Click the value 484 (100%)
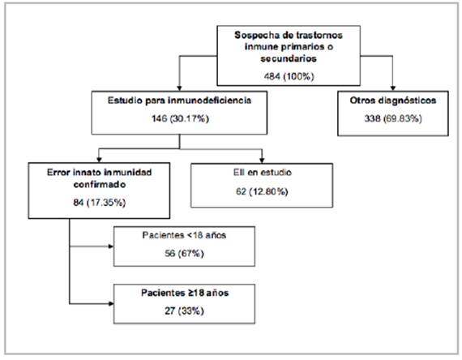click(289, 76)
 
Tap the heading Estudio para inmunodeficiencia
click(179, 101)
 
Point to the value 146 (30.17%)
click(180, 118)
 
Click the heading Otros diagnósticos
click(393, 101)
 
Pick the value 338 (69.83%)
click(393, 118)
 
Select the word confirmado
click(100, 185)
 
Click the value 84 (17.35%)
click(100, 203)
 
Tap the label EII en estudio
click(263, 173)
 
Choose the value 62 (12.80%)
click(262, 191)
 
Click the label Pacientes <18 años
click(184, 235)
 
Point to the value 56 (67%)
click(184, 253)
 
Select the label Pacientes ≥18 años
click(185, 293)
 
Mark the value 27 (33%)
click(184, 311)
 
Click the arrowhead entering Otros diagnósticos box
click(393, 88)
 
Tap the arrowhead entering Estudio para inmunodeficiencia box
click(179, 88)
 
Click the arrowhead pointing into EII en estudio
click(262, 161)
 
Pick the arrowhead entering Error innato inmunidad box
click(100, 160)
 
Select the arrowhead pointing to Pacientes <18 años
click(111, 246)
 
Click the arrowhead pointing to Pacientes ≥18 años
click(111, 304)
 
